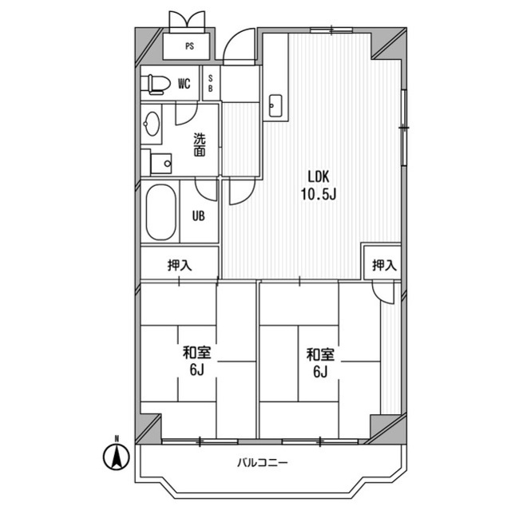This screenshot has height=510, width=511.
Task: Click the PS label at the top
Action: tap(189, 46)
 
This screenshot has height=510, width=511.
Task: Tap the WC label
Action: tap(184, 84)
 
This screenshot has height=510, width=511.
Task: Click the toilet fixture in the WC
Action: tap(155, 83)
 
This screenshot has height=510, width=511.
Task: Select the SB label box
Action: tap(211, 84)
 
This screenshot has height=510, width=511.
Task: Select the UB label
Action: tap(199, 214)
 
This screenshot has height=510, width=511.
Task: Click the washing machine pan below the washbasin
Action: tap(160, 162)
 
